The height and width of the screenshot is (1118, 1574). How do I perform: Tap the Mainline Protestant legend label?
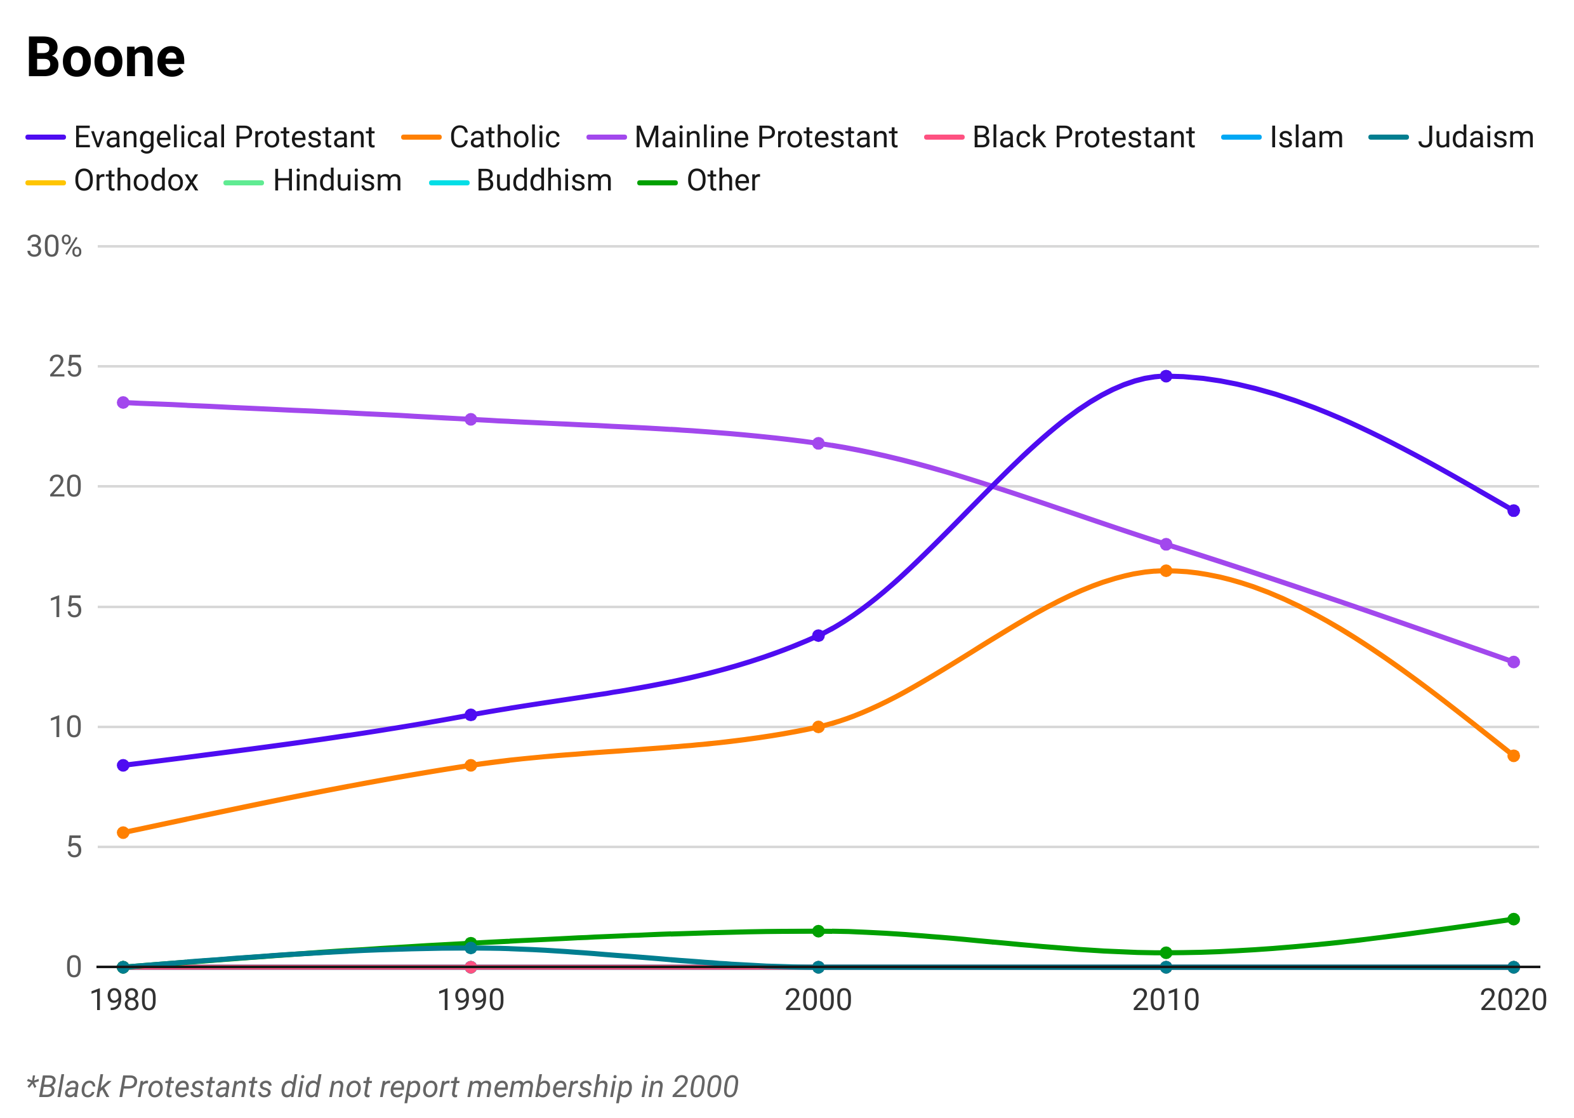coord(764,137)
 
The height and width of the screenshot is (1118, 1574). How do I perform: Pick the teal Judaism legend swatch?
coord(1387,137)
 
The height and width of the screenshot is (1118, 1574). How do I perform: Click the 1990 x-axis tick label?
coord(471,997)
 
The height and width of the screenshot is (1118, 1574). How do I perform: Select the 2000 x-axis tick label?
coord(818,997)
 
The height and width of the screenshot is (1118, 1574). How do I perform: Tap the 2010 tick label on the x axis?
coord(1165,997)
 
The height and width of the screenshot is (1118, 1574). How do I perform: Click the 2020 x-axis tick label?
coord(1512,997)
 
